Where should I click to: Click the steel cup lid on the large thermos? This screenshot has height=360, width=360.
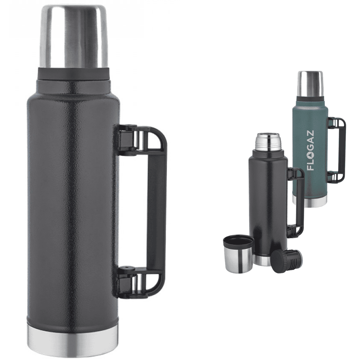(73, 36)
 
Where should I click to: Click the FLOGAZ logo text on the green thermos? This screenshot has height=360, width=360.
(310, 150)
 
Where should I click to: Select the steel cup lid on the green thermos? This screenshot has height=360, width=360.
(310, 84)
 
